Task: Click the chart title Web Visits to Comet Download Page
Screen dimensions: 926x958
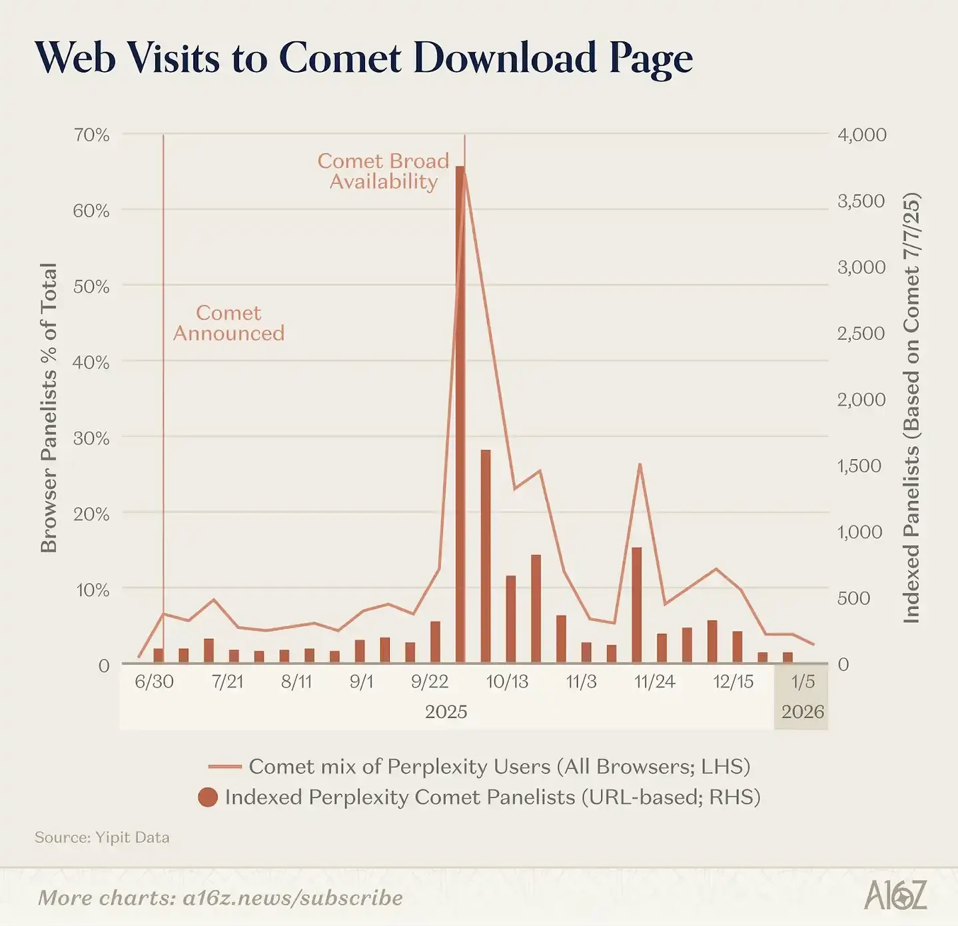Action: point(364,58)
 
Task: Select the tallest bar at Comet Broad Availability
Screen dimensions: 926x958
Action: point(460,413)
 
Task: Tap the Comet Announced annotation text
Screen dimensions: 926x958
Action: point(229,323)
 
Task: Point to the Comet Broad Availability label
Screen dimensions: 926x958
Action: point(383,171)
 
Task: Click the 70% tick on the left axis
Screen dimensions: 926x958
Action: point(91,135)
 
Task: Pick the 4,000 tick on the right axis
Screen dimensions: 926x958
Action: point(861,135)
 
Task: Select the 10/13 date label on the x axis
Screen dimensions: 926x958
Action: point(507,682)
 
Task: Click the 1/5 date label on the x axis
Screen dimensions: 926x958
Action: point(803,682)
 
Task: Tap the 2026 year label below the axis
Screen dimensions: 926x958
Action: point(803,712)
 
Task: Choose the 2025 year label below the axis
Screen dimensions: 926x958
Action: point(446,712)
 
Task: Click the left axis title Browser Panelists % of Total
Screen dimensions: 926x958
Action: point(49,408)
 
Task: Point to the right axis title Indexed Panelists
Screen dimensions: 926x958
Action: point(911,408)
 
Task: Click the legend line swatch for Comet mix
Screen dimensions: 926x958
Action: point(225,767)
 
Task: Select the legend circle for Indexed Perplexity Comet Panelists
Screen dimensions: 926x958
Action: point(208,797)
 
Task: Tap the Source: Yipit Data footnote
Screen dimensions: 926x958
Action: point(102,837)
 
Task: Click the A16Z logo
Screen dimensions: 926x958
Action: point(895,895)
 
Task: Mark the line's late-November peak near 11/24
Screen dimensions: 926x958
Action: point(640,464)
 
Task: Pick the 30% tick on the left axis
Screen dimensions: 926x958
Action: point(91,438)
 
